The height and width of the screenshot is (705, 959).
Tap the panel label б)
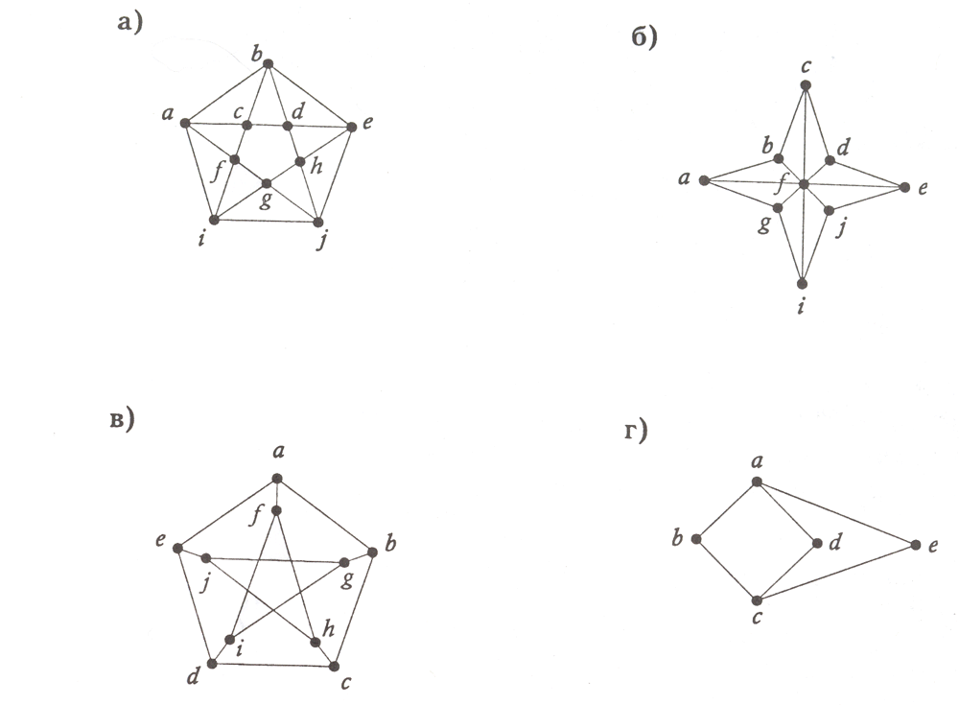click(643, 39)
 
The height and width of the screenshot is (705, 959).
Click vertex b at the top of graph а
click(269, 64)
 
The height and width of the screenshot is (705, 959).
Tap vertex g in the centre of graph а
click(267, 182)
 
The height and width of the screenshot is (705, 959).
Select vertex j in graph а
click(318, 222)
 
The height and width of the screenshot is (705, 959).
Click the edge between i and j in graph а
click(267, 221)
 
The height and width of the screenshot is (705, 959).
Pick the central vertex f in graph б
click(804, 183)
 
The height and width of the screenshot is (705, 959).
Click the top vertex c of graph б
click(806, 85)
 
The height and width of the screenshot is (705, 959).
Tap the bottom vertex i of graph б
click(803, 283)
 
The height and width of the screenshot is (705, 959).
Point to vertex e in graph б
click(902, 186)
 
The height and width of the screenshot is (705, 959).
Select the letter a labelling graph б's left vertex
click(684, 178)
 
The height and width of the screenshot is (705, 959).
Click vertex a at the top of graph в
click(277, 478)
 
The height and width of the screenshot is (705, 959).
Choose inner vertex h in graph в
click(315, 640)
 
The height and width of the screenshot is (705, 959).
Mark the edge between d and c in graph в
click(273, 664)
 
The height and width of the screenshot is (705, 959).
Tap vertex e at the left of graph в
click(177, 547)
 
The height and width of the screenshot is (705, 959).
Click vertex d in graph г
click(817, 543)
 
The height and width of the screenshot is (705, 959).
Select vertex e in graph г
click(913, 546)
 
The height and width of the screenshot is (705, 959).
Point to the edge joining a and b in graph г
click(727, 509)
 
